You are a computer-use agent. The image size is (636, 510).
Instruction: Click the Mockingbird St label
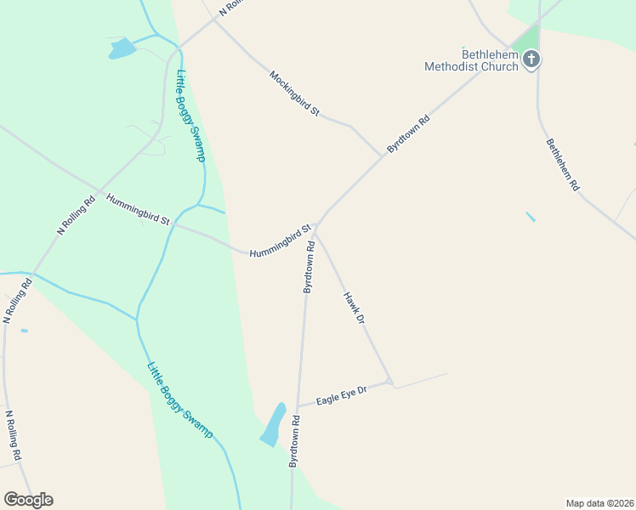coord(294,93)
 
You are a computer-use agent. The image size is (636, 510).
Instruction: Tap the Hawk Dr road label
coord(354,308)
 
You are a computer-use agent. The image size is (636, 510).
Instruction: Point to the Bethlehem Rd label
coord(563,164)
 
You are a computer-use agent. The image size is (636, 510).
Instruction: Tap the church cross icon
coord(532,59)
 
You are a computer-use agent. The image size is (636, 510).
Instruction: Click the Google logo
coord(28,499)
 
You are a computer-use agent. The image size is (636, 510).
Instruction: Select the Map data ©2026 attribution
coord(600,502)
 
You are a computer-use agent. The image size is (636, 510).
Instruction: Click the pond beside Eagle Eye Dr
coord(272,424)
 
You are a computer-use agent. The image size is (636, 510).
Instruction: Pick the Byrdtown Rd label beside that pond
coord(294,440)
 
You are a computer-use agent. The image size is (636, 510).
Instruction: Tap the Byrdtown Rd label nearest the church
coord(409,133)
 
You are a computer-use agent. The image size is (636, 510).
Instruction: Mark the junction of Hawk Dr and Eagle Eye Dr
coord(391,382)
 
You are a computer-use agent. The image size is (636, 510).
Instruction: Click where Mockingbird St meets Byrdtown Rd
coord(380,156)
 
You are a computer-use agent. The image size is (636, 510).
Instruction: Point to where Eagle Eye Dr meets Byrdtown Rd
coord(298,405)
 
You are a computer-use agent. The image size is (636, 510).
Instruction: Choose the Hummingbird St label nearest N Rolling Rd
coord(138,209)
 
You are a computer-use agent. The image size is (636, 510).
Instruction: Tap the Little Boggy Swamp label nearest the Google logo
coord(179,400)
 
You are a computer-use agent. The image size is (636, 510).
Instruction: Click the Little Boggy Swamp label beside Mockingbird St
coord(190,116)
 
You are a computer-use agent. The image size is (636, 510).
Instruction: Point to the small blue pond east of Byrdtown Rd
coord(531,217)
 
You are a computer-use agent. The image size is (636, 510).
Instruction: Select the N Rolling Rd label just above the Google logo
coord(14,436)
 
